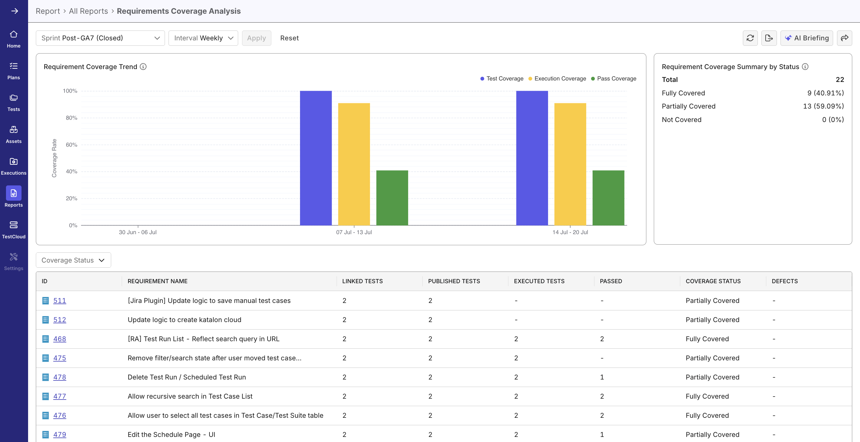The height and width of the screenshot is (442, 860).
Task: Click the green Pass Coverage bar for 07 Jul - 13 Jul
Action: click(x=392, y=198)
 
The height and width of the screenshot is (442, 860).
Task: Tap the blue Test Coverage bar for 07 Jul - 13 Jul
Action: click(x=316, y=158)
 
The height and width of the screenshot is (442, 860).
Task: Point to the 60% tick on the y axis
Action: click(x=71, y=145)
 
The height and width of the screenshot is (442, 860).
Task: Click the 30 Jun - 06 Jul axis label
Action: click(x=137, y=232)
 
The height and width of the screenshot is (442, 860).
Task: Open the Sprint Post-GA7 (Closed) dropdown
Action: click(x=100, y=38)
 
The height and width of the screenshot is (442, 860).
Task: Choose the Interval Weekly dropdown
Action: click(x=203, y=38)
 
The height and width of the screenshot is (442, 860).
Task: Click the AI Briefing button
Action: click(x=807, y=38)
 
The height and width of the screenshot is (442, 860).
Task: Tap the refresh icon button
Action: click(x=750, y=38)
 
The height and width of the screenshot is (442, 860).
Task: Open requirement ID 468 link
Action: click(x=59, y=339)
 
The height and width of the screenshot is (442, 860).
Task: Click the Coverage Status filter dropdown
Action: click(x=73, y=260)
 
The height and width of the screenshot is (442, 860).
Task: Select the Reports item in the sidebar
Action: click(x=14, y=197)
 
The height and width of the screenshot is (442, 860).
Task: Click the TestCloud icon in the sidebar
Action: click(x=14, y=225)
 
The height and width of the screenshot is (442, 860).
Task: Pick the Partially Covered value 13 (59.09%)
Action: click(x=823, y=106)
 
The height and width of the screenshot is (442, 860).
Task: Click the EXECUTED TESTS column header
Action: click(x=539, y=281)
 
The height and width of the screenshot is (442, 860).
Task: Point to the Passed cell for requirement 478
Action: click(x=602, y=377)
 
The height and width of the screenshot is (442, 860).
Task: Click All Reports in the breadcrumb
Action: click(x=88, y=11)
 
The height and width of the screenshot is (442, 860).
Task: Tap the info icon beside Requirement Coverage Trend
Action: click(x=143, y=67)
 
